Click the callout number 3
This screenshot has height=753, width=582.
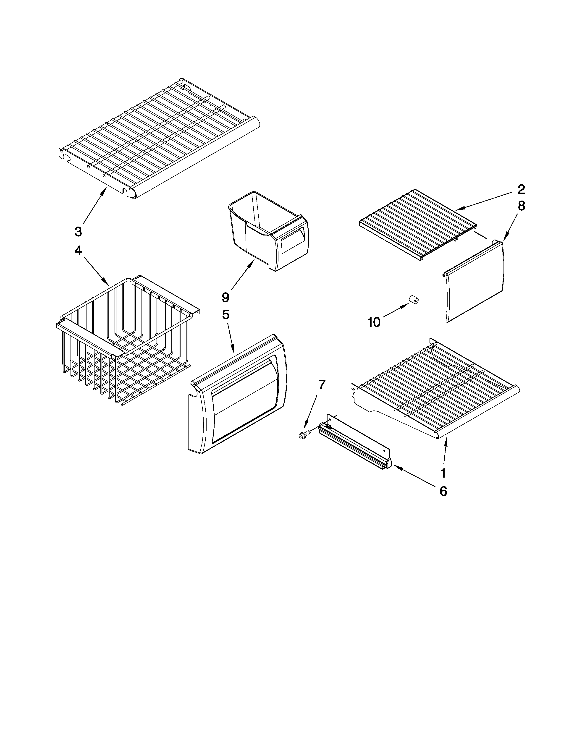click(78, 232)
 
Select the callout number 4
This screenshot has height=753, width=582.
click(78, 251)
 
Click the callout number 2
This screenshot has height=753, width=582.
click(521, 189)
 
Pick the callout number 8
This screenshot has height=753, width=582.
click(521, 206)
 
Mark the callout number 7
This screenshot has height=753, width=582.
click(321, 384)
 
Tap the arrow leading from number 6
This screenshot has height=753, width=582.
click(414, 475)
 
